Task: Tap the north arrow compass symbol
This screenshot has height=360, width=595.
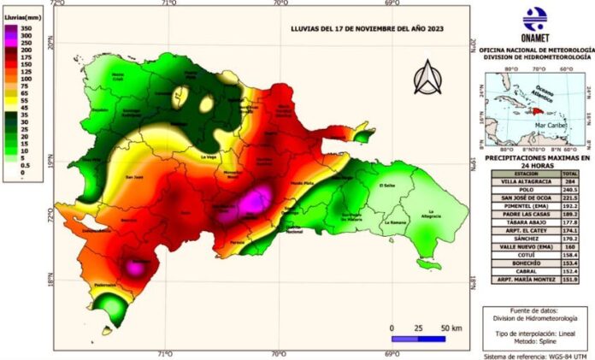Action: (x=425, y=79)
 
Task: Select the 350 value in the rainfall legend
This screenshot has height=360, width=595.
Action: (x=27, y=28)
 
